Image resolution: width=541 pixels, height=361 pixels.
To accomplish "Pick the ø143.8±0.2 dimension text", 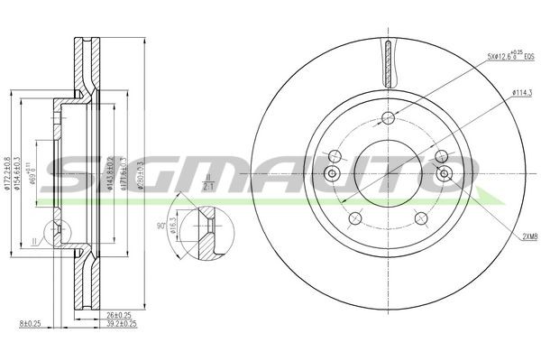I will click(110, 171).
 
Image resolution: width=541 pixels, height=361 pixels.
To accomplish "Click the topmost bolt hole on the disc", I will click(388, 117).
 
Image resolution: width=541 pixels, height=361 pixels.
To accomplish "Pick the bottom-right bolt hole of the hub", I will click(419, 217).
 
